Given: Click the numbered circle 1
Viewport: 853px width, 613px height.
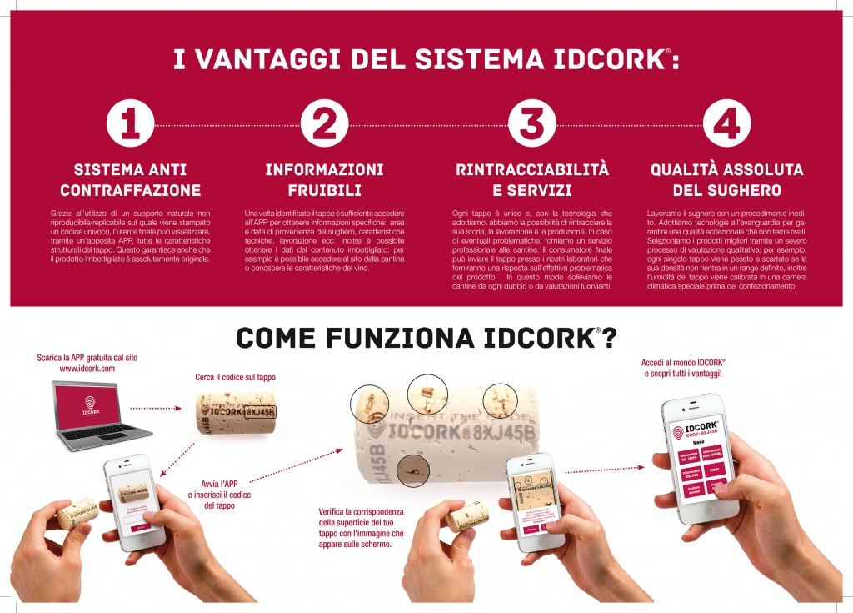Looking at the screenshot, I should click(x=130, y=124).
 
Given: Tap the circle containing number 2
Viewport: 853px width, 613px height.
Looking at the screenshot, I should click(x=324, y=124).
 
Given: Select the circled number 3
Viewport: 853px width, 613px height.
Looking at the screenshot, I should click(x=531, y=124).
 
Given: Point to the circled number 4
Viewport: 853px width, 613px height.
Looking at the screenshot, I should click(x=726, y=124).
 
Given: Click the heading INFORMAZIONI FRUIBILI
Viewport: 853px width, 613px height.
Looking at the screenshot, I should click(x=324, y=179).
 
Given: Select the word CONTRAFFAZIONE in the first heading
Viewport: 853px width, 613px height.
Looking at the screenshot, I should click(x=130, y=190).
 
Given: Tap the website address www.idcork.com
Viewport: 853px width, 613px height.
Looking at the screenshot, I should click(x=87, y=368).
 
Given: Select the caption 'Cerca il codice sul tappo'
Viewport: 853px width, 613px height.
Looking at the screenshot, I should click(x=235, y=377).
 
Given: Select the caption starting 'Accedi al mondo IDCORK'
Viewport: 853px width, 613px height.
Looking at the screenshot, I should click(x=683, y=369).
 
